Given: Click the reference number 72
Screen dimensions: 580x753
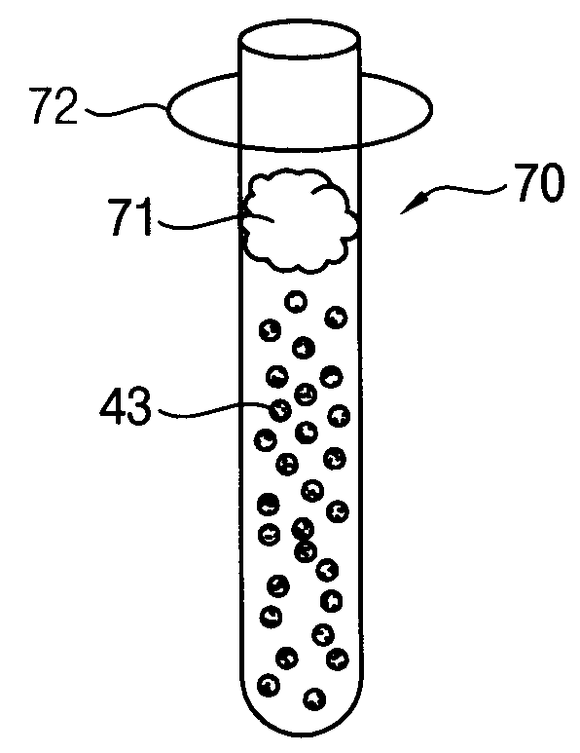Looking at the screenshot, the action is [x=54, y=105].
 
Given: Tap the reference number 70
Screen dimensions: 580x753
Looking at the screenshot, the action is [x=539, y=183].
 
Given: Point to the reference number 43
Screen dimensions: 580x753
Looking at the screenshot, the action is [x=126, y=406].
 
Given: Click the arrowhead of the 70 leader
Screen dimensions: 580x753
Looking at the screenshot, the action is [x=407, y=206].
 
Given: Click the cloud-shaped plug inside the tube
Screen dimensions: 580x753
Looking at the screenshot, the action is [x=301, y=221].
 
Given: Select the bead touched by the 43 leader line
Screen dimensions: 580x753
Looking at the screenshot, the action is [x=280, y=411].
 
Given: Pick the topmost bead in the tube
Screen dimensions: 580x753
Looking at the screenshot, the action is [x=296, y=302].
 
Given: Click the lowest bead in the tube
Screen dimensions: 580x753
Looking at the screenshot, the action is [x=314, y=698].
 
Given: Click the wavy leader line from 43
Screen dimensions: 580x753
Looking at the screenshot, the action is [x=216, y=411].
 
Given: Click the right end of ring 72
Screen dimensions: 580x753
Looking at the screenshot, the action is [x=432, y=109].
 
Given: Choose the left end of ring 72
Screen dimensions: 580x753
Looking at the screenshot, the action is [x=168, y=110].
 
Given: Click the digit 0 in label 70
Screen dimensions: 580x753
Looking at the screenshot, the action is [x=553, y=183].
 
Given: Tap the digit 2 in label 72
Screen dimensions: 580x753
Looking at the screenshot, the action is [x=66, y=105].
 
